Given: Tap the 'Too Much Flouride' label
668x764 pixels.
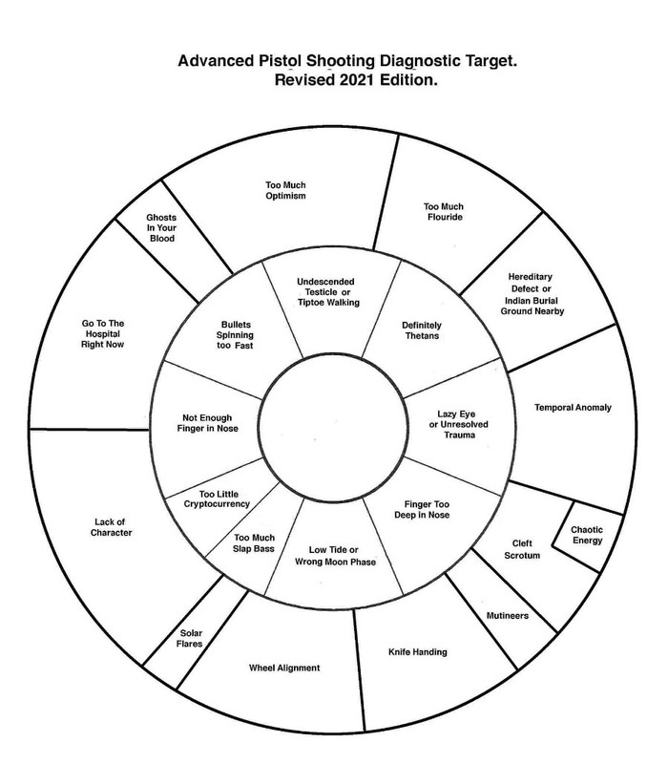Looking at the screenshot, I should pyautogui.click(x=442, y=211).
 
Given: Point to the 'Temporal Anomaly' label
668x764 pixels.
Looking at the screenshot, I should pyautogui.click(x=574, y=407).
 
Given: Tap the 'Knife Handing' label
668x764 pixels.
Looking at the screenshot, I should pyautogui.click(x=417, y=653).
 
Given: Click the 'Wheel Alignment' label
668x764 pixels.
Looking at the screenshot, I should pyautogui.click(x=283, y=668).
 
